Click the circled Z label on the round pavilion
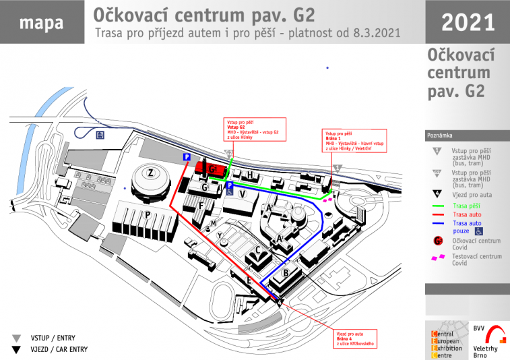coord(151,173)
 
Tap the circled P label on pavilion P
coord(147,215)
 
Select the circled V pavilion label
coord(243,194)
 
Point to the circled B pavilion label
coord(286,272)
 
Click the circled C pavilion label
coord(257,249)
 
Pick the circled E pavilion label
coord(249,280)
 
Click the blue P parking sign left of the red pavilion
coord(187,157)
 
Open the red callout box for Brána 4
coord(355,338)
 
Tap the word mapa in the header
coord(41,22)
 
